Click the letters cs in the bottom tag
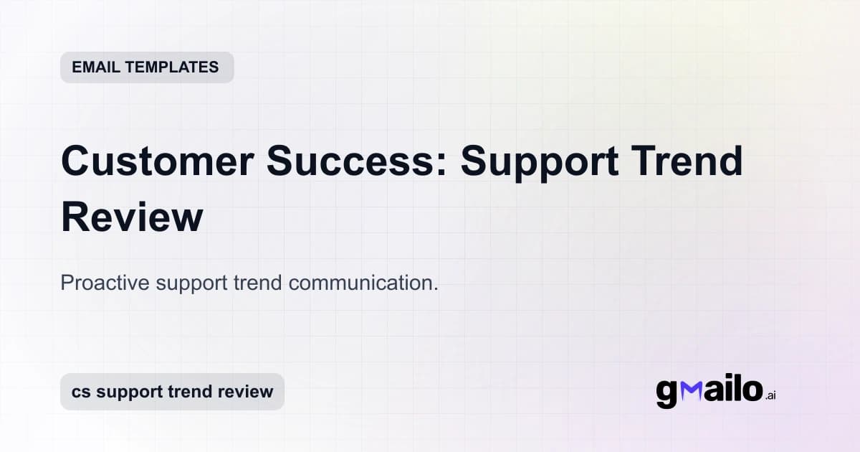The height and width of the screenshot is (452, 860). click(81, 392)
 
